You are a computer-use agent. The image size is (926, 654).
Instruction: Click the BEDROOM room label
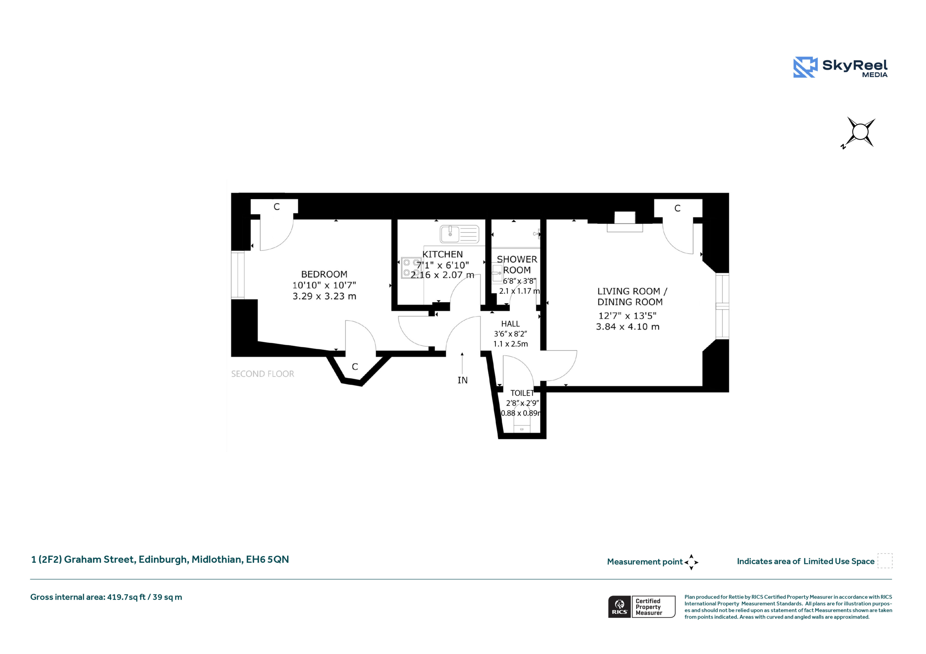click(x=324, y=274)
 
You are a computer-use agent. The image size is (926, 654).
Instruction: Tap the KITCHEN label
click(x=442, y=254)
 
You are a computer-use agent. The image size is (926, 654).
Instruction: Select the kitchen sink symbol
click(x=459, y=234)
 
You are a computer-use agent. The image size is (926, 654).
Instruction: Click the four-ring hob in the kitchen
click(x=411, y=268)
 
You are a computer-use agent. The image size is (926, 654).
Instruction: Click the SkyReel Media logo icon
click(x=806, y=67)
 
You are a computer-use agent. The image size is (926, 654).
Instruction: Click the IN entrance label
click(x=463, y=380)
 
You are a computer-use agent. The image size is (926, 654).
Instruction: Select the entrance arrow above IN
click(x=462, y=363)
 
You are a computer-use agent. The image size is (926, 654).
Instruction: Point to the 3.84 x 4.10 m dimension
click(x=628, y=327)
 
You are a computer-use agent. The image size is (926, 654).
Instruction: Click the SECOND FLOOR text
click(x=263, y=374)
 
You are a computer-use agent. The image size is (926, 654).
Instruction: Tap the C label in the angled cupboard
click(x=355, y=367)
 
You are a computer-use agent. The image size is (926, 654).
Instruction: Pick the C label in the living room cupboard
click(x=677, y=208)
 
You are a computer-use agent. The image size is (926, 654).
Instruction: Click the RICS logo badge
click(x=620, y=606)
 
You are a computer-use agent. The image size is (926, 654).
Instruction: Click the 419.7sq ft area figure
click(x=126, y=597)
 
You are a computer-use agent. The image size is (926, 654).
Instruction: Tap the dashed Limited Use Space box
click(x=885, y=560)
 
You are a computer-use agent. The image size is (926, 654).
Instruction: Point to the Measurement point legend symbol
click(x=691, y=562)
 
